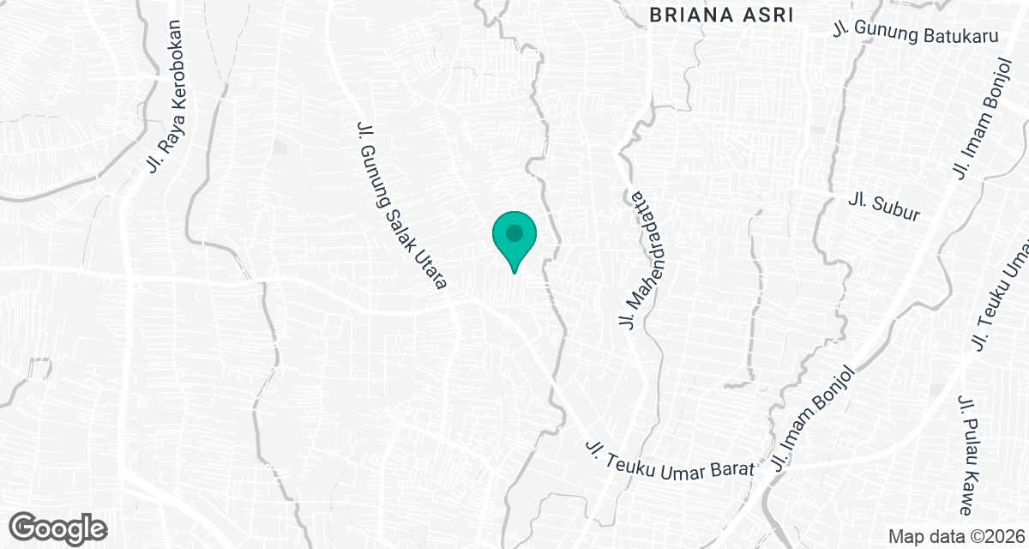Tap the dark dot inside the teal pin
(x=514, y=232)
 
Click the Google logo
(x=59, y=527)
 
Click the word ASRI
(x=768, y=15)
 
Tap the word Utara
(x=435, y=274)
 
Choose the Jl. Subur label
(x=883, y=208)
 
